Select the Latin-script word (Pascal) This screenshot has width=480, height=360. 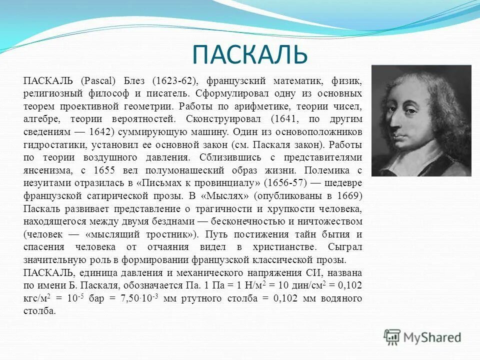coord(97,80)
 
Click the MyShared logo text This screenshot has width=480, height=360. coord(431,337)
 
